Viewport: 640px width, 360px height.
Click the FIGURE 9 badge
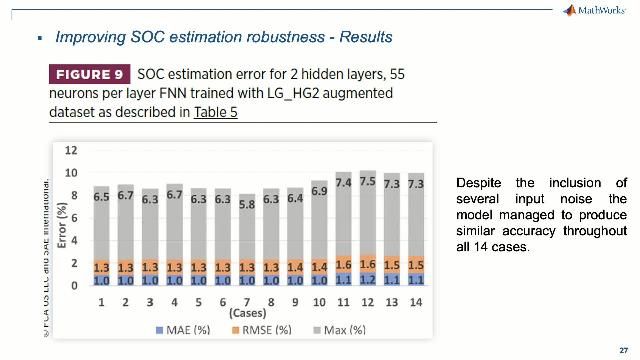pos(90,75)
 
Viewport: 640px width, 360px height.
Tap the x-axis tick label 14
pos(416,301)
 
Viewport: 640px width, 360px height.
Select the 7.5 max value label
pos(368,182)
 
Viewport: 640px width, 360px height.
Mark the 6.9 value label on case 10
pos(319,189)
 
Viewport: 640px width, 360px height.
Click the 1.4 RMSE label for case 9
pos(294,268)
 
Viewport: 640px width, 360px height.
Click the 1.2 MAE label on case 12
pos(368,280)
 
